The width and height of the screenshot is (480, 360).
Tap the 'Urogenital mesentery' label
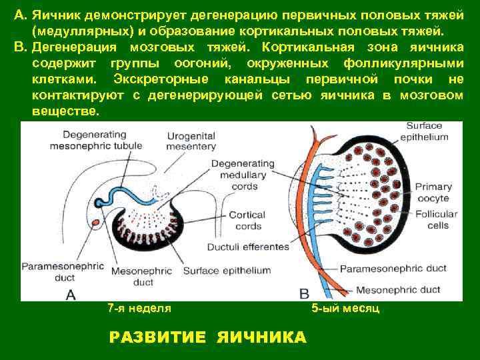point(191,141)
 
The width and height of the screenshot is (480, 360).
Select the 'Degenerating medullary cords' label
point(243,175)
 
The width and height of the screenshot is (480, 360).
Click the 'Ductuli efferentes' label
point(248,247)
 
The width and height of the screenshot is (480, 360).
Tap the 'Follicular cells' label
point(435,219)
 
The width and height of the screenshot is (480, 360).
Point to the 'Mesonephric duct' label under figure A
point(143,277)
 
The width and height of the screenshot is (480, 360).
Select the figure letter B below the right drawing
point(305,293)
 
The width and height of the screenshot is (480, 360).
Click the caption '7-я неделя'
point(139,308)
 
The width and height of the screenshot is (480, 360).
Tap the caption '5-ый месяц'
point(345,309)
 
